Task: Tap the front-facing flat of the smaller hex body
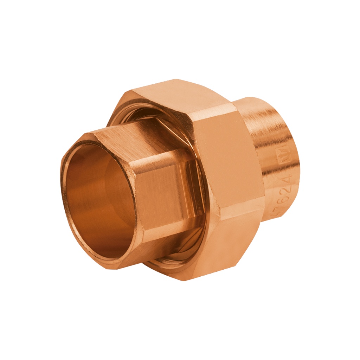169,197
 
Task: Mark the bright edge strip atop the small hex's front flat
165,158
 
